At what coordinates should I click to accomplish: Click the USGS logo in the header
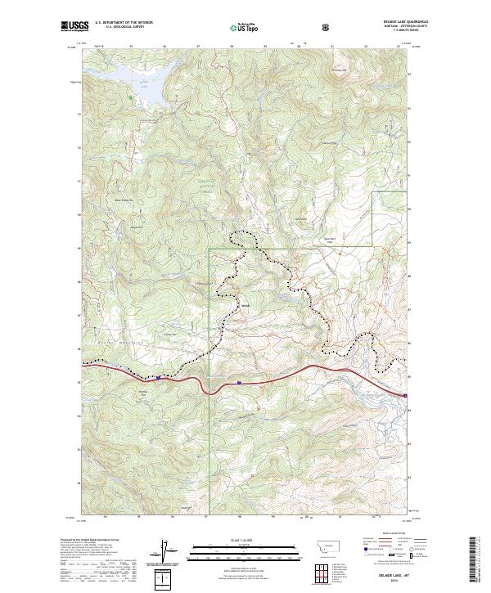pos(72,27)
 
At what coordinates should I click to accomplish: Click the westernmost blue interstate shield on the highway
pos(158,378)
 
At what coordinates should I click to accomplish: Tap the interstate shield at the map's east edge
pos(405,396)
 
